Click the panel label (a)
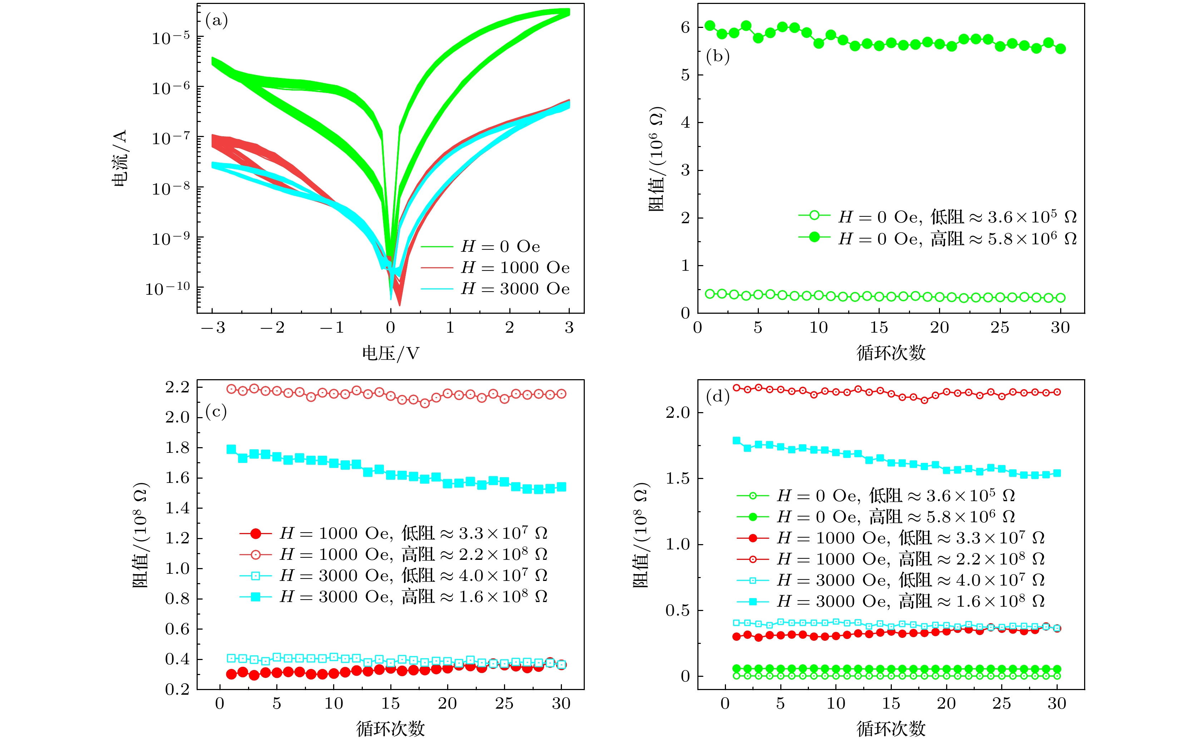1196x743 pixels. click(217, 21)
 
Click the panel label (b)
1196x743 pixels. click(717, 57)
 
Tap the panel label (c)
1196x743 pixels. click(216, 411)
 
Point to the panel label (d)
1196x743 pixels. click(717, 396)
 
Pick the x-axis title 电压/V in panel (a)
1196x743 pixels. click(390, 353)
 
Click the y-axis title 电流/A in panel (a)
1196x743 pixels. click(120, 158)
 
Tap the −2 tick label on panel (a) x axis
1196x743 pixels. click(272, 328)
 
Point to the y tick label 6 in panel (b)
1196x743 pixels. click(685, 28)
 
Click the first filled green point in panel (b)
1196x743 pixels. click(710, 25)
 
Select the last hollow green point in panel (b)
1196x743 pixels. click(1061, 298)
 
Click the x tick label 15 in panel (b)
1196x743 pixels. click(879, 328)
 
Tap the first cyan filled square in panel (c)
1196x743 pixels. click(231, 449)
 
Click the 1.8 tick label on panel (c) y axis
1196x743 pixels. click(177, 448)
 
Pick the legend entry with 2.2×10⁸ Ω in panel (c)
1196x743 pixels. click(414, 554)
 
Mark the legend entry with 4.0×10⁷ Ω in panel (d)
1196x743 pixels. click(910, 580)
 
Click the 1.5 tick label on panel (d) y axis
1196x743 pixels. click(678, 479)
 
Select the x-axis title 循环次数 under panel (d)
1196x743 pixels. click(891, 729)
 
